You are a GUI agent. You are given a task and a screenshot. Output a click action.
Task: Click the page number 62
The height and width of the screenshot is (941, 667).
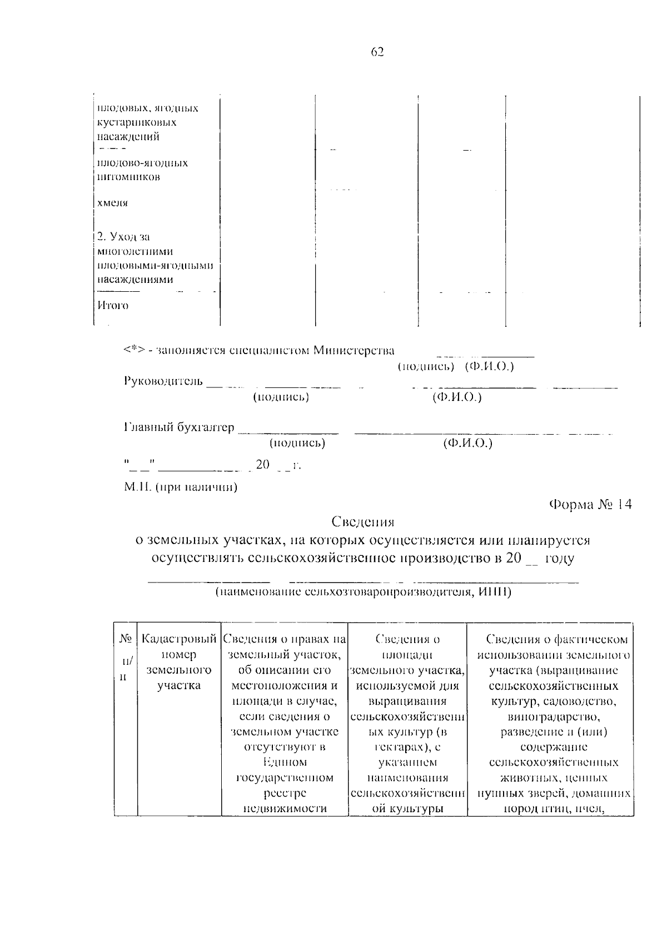pos(377,52)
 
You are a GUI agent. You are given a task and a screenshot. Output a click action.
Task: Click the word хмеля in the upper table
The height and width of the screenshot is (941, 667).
pos(113,203)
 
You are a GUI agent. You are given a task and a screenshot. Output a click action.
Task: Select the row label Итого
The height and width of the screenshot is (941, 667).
pos(113,306)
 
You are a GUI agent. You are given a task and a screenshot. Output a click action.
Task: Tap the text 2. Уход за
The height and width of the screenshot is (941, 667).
pos(123,237)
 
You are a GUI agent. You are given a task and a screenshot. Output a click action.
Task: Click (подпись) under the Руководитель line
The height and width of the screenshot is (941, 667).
pos(281,397)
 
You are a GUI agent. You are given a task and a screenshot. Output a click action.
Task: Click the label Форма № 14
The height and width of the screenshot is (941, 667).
pos(590,505)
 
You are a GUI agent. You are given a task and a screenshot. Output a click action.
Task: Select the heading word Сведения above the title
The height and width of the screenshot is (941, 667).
pos(362,522)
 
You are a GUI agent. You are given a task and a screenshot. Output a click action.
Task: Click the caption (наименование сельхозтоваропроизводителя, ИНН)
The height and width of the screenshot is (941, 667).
pos(363,592)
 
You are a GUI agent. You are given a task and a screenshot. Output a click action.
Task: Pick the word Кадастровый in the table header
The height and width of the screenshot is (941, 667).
pos(178,639)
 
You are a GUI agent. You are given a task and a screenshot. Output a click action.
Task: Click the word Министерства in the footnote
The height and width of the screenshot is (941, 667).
pos(354,351)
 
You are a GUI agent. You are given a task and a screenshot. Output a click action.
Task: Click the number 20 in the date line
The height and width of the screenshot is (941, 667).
pos(262,464)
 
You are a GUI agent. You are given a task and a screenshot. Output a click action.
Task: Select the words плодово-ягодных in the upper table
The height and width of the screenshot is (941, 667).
pos(143,163)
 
